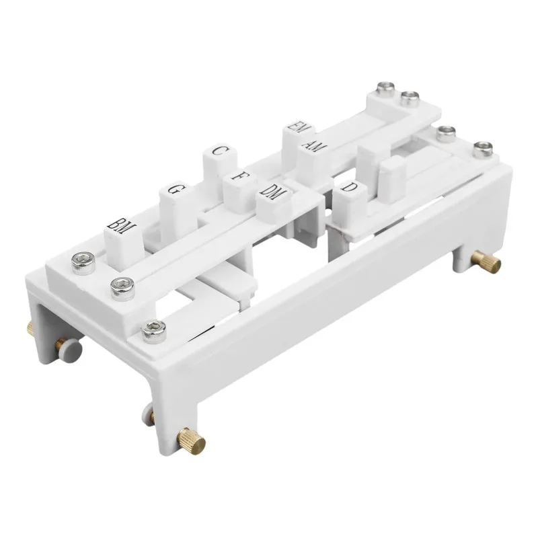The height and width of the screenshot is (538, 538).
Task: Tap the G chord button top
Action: [x=174, y=190]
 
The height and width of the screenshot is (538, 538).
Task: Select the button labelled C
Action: [x=218, y=151]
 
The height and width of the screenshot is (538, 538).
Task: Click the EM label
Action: [x=297, y=126]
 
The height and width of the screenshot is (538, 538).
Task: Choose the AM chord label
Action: [x=312, y=145]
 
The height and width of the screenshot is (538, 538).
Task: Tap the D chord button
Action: [x=348, y=187]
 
